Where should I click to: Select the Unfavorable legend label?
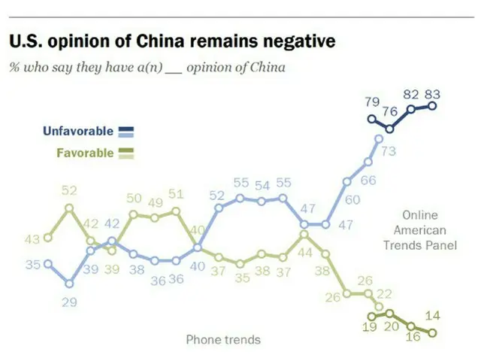[78, 131]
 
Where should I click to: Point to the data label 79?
[371, 102]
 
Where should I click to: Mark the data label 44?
[305, 253]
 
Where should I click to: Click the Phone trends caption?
[223, 339]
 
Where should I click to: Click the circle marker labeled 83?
[432, 106]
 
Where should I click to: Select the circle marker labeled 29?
[69, 284]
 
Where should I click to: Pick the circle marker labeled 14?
[432, 332]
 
